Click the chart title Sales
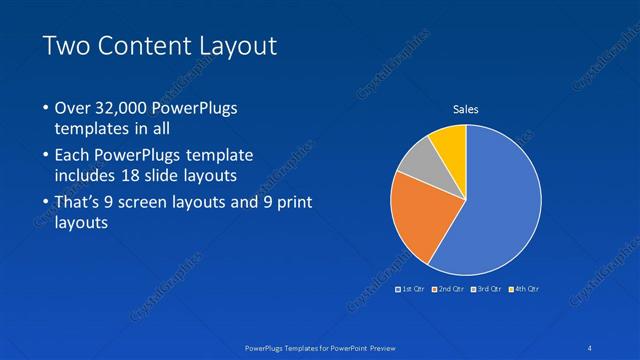point(466,109)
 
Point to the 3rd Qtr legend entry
point(488,289)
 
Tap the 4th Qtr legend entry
point(525,289)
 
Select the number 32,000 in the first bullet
point(118,108)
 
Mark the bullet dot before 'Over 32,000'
point(46,108)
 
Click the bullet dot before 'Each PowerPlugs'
point(46,156)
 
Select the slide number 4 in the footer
point(591,347)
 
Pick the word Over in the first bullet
point(71,108)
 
